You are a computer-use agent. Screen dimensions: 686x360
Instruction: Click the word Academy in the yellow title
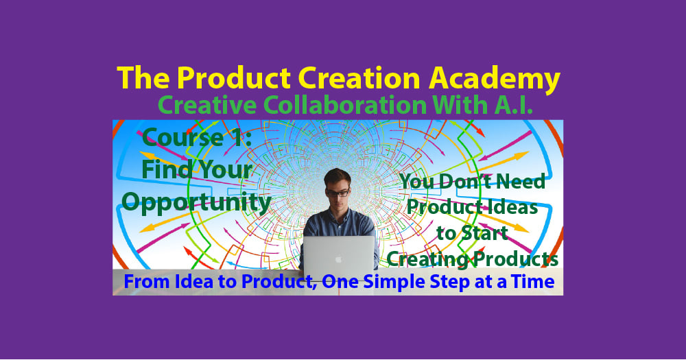coord(495,79)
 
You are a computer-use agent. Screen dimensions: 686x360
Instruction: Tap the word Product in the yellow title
coord(234,78)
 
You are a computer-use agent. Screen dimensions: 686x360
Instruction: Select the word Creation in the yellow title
coord(359,78)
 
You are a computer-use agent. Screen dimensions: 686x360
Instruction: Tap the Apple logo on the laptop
coord(338,259)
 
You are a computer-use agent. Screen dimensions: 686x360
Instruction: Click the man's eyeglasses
coord(338,192)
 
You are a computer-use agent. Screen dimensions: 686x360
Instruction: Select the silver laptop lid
coord(339,258)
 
